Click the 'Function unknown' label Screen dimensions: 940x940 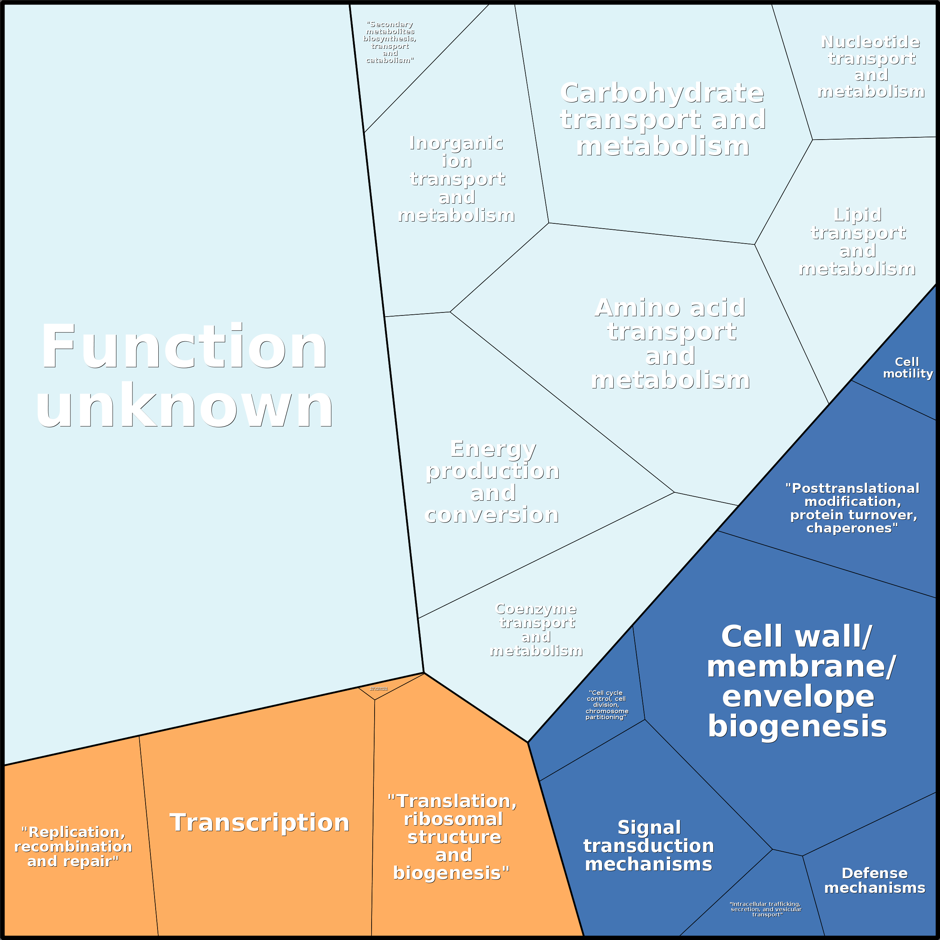(x=184, y=376)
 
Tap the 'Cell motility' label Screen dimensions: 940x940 (x=908, y=368)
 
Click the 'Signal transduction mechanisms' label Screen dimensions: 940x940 (x=648, y=846)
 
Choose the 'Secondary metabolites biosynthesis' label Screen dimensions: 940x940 (x=390, y=42)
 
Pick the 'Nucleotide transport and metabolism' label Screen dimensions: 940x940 (x=871, y=67)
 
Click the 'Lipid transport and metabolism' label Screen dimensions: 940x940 (x=857, y=241)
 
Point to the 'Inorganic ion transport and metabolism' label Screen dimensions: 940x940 (x=457, y=179)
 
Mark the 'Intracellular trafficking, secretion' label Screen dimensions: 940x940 (x=765, y=909)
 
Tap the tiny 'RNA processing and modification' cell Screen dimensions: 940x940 (x=379, y=689)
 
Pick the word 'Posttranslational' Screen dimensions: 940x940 (x=852, y=488)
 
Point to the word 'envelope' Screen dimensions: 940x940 (x=798, y=697)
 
